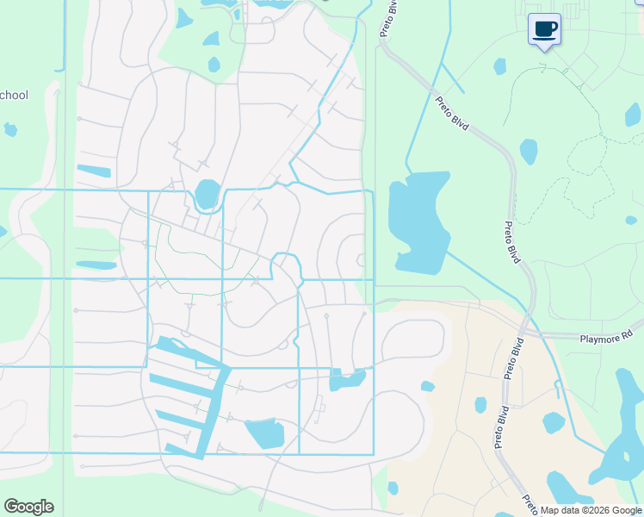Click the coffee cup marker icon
pyautogui.click(x=544, y=30)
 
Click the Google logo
pyautogui.click(x=28, y=507)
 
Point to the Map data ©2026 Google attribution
pyautogui.click(x=590, y=510)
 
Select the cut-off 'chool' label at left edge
pyautogui.click(x=15, y=95)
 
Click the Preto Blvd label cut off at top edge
pyautogui.click(x=389, y=16)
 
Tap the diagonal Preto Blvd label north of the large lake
pyautogui.click(x=452, y=114)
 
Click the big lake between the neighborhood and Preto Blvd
pyautogui.click(x=418, y=221)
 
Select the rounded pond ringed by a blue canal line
pyautogui.click(x=207, y=194)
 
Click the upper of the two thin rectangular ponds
pyautogui.click(x=94, y=171)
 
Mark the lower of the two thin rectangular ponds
pyautogui.click(x=96, y=265)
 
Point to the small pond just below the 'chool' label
pyautogui.click(x=10, y=130)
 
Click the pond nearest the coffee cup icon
pyautogui.click(x=499, y=66)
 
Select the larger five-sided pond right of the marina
pyautogui.click(x=263, y=433)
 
